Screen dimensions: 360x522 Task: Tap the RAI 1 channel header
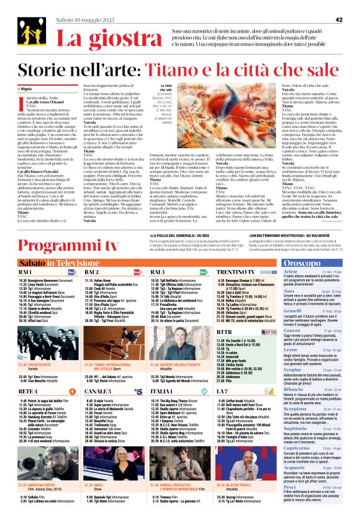25,272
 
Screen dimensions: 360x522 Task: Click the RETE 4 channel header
28,392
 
